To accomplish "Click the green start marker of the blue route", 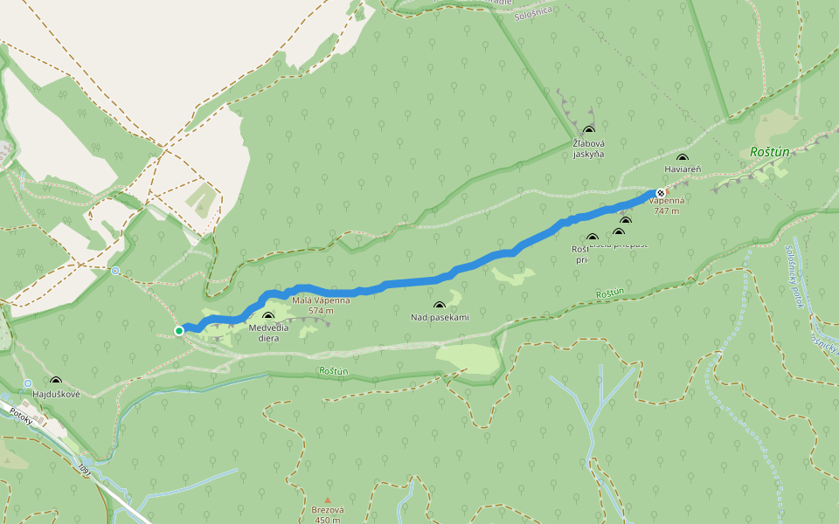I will (179, 331).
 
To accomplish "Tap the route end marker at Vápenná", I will (661, 193).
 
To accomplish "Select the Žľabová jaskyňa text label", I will (588, 148).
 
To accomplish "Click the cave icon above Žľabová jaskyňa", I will (588, 130).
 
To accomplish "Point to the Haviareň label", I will (683, 169).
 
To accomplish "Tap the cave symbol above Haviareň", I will (683, 158).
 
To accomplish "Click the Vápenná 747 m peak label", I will (667, 205).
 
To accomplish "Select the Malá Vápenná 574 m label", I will (321, 305).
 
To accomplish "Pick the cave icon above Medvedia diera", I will (268, 316).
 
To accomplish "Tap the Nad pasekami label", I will (440, 317).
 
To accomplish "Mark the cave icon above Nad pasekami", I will (439, 306).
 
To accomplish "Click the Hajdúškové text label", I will (56, 394).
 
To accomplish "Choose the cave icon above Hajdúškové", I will (56, 381).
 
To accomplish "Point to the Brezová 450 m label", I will (328, 514).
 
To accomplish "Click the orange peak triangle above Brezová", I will (328, 500).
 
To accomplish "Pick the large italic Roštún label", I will (769, 152).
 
